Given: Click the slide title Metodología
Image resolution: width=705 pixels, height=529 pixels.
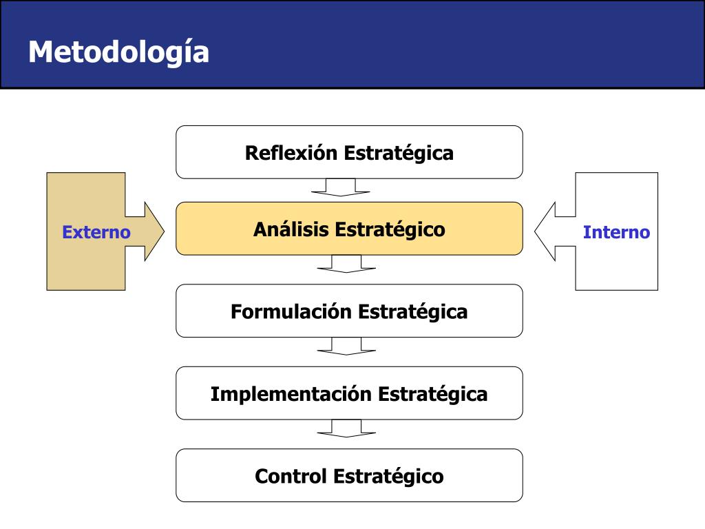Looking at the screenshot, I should tap(118, 52).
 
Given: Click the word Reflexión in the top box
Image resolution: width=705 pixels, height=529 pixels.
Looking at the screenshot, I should tap(291, 152).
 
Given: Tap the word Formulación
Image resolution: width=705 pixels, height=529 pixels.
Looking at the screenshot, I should tap(291, 311).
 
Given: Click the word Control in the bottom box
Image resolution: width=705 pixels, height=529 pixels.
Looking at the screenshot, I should tap(291, 476).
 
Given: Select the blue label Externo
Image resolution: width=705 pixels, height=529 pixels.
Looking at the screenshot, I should tap(96, 232).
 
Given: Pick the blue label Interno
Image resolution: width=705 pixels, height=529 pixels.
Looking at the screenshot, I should tap(616, 232).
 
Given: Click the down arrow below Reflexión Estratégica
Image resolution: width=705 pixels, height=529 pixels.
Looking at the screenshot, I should tap(341, 187).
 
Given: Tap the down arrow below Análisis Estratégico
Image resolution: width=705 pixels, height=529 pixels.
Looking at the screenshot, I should tap(346, 264).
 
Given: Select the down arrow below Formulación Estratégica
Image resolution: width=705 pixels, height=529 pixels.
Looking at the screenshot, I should tap(346, 346).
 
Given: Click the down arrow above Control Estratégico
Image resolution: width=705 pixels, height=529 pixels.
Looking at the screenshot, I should tap(346, 428).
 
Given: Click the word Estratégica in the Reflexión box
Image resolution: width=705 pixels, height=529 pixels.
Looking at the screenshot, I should tap(399, 152).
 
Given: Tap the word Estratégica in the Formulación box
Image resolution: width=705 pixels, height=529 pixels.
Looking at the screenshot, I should tap(413, 311).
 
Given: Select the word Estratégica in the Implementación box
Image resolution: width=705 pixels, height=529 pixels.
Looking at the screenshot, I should tap(433, 394).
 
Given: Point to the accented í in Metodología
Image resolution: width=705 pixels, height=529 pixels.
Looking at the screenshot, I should tap(185, 52).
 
